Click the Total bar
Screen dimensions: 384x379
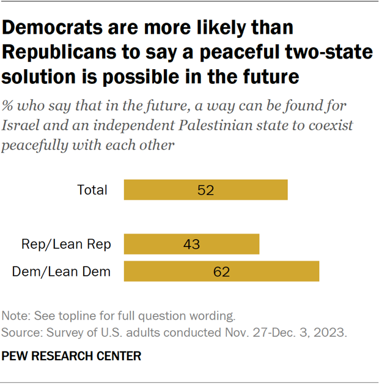205,190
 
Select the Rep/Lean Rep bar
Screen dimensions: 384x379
191,244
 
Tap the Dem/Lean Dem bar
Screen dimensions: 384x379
221,271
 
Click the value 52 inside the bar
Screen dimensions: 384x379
205,190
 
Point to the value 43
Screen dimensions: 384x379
191,245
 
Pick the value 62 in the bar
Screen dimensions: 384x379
221,272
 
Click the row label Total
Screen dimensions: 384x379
92,190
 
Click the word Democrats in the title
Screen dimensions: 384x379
57,28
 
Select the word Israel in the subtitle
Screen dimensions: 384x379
19,125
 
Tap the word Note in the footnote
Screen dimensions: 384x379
14,317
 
